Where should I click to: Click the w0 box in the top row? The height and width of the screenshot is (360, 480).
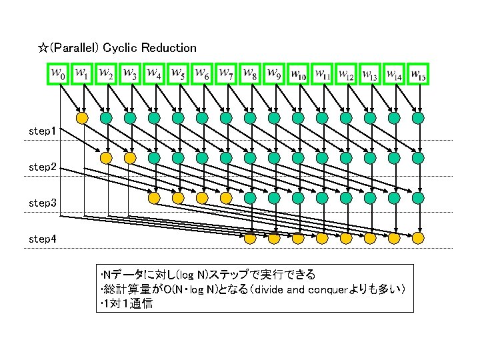coord(59,74)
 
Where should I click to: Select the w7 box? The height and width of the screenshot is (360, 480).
coord(227,74)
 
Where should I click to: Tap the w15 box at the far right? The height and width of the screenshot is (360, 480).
coord(419,74)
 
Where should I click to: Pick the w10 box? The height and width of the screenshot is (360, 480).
coord(299,74)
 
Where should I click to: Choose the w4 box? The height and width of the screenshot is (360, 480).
coord(155,74)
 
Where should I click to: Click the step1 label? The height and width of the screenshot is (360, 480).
coord(42,131)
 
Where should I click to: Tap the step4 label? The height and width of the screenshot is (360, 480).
coord(42,238)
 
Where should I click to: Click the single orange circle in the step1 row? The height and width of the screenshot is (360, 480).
coord(82,118)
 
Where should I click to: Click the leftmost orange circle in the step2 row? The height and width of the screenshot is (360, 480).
coord(106,158)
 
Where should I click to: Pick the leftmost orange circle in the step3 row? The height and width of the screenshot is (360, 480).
coord(154,198)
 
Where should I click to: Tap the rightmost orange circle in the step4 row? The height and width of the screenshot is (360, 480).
coord(418,237)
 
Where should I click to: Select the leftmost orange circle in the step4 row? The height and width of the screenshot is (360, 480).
coord(250,237)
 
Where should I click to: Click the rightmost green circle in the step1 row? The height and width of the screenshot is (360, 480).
coord(418,118)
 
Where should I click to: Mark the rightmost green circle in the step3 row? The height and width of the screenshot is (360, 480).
coord(418,198)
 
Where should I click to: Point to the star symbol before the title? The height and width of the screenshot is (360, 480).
coord(42,48)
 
